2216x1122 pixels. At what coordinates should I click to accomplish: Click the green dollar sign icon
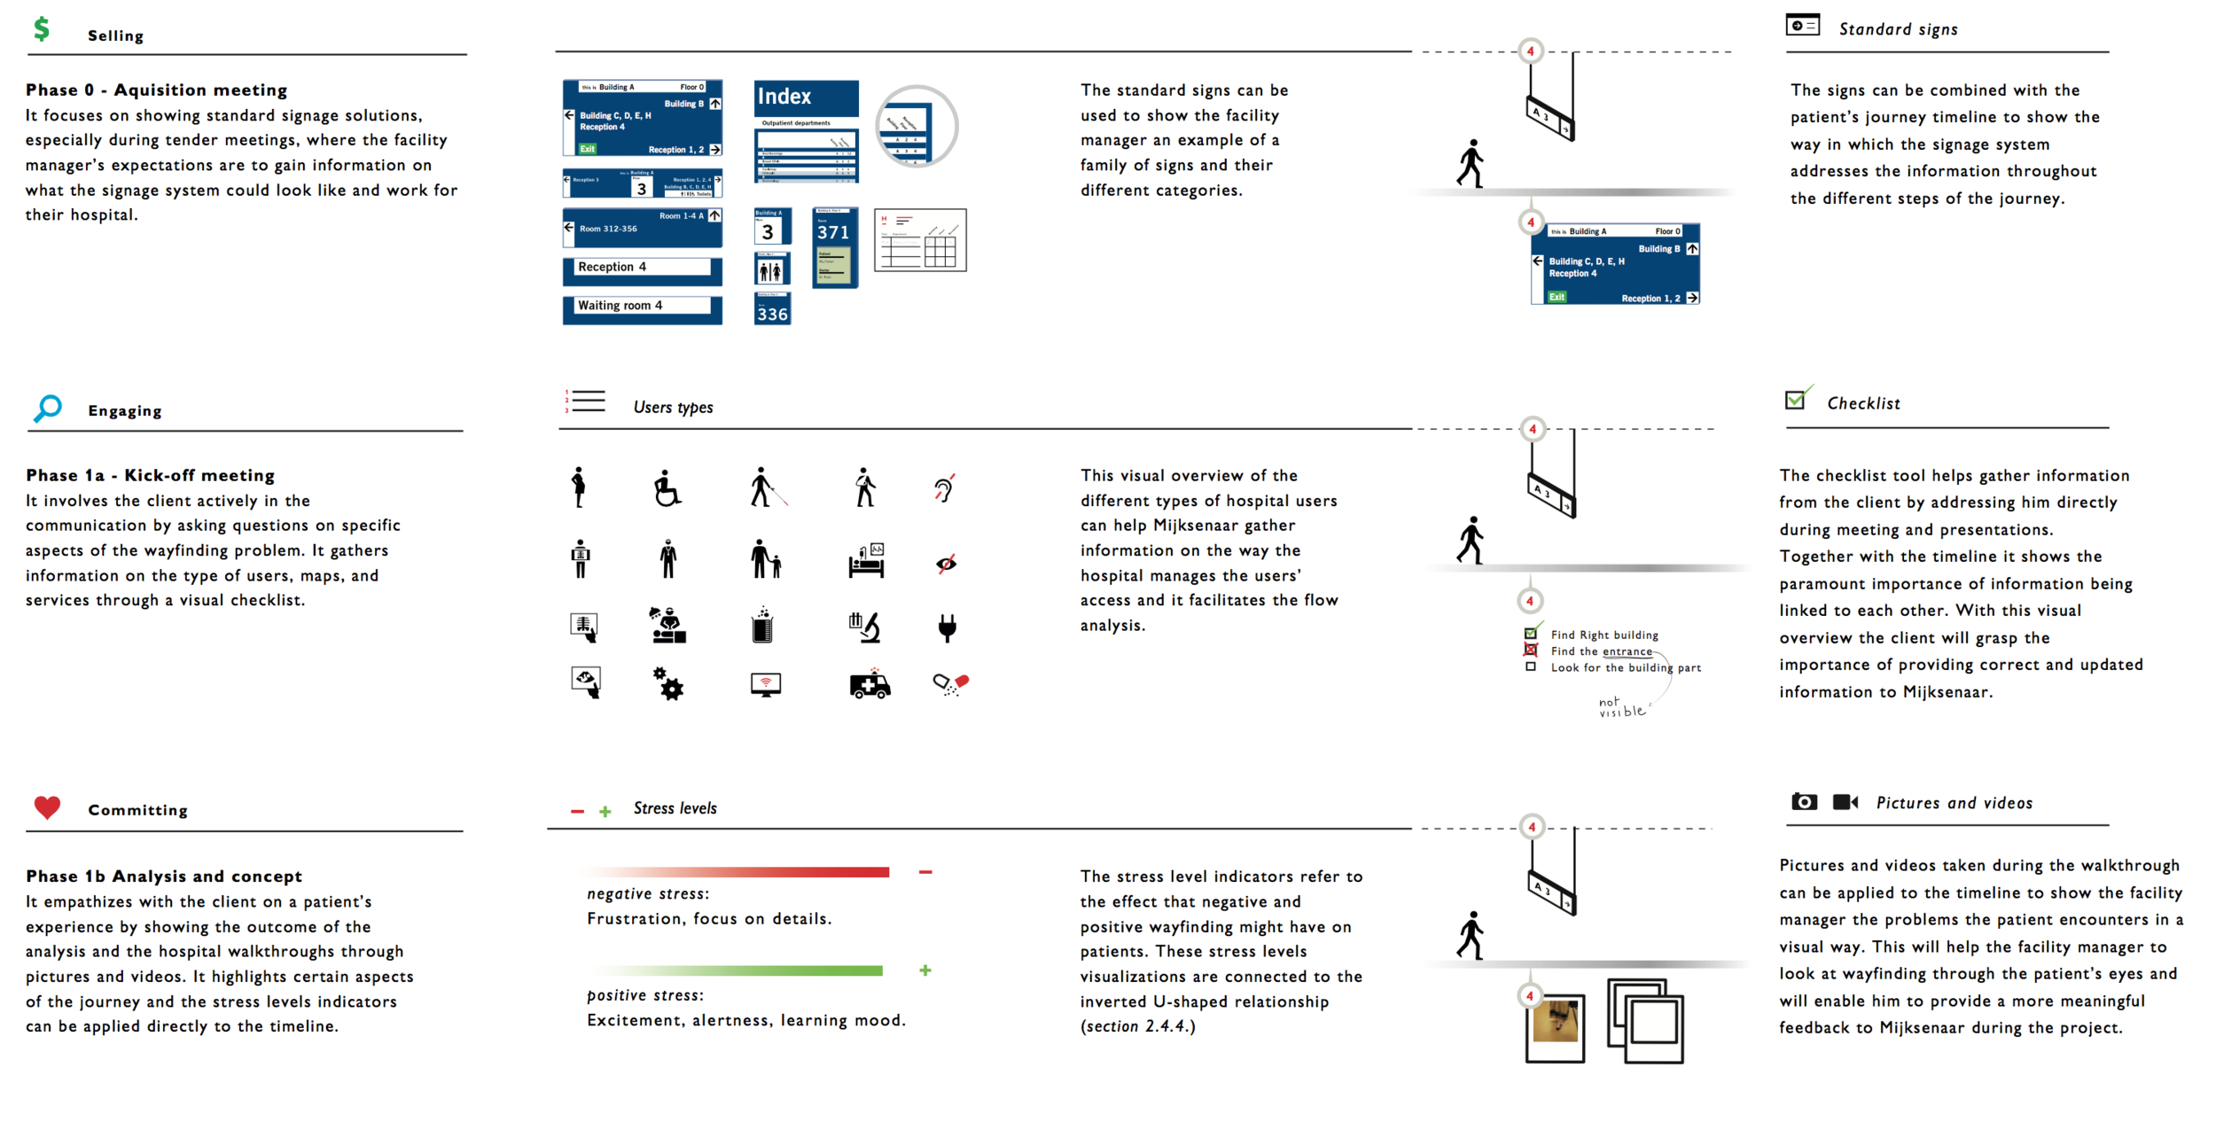click(41, 29)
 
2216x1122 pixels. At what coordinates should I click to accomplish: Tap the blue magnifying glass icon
click(48, 408)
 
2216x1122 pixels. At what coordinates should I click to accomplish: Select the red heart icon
click(47, 806)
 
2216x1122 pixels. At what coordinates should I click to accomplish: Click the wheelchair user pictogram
click(667, 488)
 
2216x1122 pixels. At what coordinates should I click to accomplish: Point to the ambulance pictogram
click(870, 684)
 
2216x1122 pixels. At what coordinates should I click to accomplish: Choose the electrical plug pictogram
click(947, 627)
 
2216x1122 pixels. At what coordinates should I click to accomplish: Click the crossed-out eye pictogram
click(947, 564)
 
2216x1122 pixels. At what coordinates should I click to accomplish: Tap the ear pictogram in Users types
click(944, 488)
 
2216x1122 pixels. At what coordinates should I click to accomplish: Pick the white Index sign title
click(784, 97)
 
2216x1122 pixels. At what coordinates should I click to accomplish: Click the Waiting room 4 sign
click(643, 307)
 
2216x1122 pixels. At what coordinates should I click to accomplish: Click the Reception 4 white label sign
click(643, 268)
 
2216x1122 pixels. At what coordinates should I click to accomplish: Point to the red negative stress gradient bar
click(740, 872)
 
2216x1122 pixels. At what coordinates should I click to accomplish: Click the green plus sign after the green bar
click(925, 970)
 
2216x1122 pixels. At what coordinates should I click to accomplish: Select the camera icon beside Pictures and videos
click(1804, 802)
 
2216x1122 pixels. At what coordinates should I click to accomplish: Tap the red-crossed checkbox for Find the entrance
click(1531, 651)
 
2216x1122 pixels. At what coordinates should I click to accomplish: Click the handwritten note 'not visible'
click(1621, 707)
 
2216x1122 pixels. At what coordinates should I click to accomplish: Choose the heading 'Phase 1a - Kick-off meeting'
click(151, 475)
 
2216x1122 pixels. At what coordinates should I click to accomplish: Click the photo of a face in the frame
click(1556, 1023)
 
